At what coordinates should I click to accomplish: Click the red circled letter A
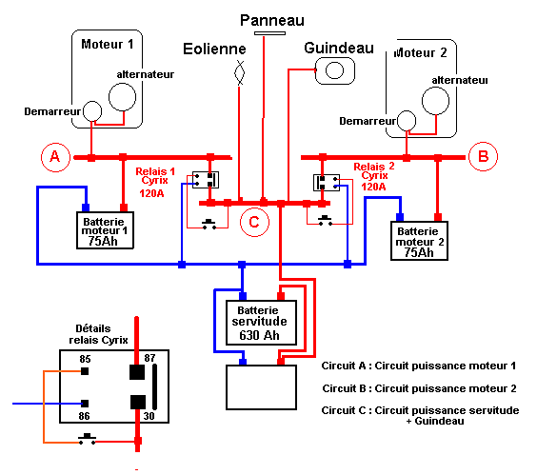coord(55,157)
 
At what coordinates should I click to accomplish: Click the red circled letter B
coord(483,156)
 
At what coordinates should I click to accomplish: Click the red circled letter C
coord(254,222)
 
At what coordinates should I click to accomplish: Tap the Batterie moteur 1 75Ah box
coord(105,230)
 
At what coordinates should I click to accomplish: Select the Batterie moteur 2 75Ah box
coord(419,241)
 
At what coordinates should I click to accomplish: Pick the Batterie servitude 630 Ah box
coord(261,323)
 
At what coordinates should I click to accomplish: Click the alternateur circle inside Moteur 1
coord(122,97)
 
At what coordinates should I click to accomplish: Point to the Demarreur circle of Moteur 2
coord(407,121)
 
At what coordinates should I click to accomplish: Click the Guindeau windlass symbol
coord(334,70)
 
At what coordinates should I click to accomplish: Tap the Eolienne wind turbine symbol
coord(239,72)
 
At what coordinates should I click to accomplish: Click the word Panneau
coord(272,21)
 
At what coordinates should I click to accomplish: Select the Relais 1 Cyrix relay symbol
coord(206,180)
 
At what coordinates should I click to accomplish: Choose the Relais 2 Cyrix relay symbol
coord(327,183)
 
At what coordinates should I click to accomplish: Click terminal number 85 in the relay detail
coord(85,359)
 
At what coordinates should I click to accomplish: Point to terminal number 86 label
coord(84,416)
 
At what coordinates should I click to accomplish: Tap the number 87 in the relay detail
coord(149,358)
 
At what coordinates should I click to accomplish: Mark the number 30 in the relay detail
coord(149,416)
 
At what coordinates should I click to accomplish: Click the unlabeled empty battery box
coord(261,387)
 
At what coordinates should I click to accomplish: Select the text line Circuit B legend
coord(419,388)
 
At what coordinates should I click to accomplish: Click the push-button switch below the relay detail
coord(87,439)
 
